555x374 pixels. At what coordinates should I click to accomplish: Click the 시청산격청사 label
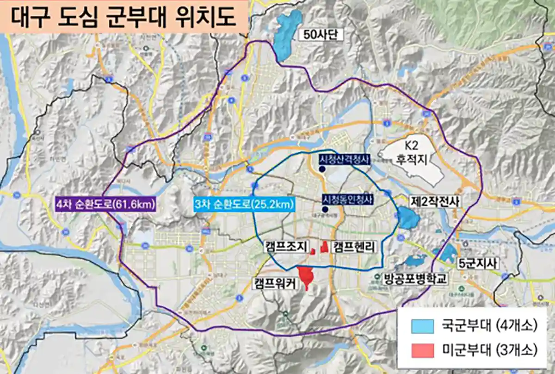point(345,160)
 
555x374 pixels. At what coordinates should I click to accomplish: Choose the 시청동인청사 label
point(347,199)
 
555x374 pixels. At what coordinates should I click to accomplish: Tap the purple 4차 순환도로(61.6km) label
point(105,204)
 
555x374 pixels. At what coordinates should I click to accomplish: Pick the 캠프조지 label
point(286,246)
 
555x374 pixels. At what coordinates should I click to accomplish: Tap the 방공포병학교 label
point(416,279)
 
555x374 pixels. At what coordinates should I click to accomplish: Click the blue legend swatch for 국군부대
point(424,326)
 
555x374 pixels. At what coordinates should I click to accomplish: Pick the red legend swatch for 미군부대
point(424,349)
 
